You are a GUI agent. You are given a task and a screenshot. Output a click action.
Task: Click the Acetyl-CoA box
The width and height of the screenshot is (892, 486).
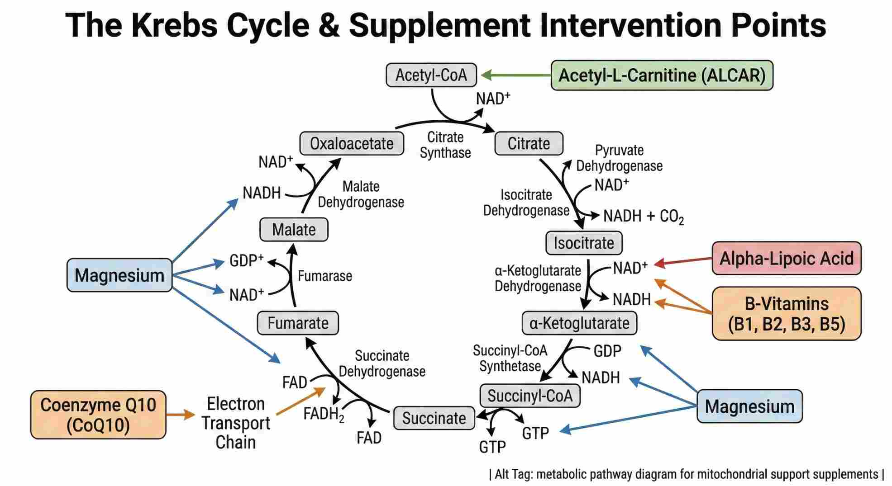pyautogui.click(x=431, y=75)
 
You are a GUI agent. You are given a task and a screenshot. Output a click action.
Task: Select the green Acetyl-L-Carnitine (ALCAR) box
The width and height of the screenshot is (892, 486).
pyautogui.click(x=662, y=75)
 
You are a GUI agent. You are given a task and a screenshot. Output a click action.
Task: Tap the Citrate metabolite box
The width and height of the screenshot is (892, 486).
pyautogui.click(x=529, y=144)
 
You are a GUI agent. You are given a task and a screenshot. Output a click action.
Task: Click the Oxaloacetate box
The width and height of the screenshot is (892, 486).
pyautogui.click(x=352, y=144)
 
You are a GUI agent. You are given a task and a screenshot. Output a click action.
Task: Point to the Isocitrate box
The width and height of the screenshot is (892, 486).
pyautogui.click(x=584, y=243)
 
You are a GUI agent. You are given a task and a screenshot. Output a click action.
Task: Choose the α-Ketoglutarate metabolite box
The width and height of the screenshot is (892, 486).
pyautogui.click(x=579, y=323)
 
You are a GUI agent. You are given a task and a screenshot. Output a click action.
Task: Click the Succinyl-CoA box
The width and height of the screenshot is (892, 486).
pyautogui.click(x=529, y=396)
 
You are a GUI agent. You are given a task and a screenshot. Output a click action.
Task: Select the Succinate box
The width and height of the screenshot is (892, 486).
pyautogui.click(x=434, y=418)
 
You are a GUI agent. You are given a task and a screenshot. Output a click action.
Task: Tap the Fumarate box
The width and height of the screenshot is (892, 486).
pyautogui.click(x=298, y=323)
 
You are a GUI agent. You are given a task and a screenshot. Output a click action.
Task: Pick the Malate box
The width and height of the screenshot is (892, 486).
pyautogui.click(x=294, y=230)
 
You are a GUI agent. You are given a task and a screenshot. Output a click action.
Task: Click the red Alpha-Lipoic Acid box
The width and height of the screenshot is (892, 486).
pyautogui.click(x=787, y=259)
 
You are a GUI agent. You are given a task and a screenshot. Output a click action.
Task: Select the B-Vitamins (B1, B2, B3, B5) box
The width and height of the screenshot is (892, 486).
pyautogui.click(x=787, y=314)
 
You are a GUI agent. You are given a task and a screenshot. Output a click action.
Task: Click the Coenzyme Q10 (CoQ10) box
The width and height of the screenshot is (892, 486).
pyautogui.click(x=98, y=415)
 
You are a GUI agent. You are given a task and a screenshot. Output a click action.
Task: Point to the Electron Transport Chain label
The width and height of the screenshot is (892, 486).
pyautogui.click(x=235, y=423)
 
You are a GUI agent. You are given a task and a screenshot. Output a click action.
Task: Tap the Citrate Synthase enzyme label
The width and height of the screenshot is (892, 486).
pyautogui.click(x=445, y=145)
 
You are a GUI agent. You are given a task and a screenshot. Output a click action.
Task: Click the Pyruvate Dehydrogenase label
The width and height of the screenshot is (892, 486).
pyautogui.click(x=619, y=158)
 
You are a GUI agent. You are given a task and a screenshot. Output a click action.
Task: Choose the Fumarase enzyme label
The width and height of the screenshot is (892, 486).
pyautogui.click(x=324, y=276)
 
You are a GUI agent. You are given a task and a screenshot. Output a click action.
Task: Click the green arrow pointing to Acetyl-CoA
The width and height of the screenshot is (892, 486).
pyautogui.click(x=516, y=75)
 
